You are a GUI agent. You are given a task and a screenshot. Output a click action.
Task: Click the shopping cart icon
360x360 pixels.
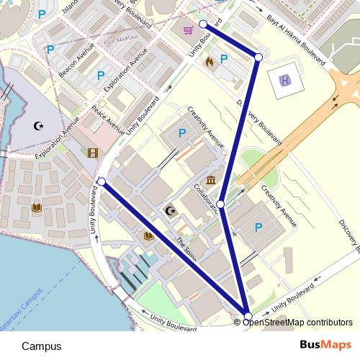pos(188,30)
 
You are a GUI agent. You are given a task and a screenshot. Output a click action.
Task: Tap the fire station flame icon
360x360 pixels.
pos(210,62)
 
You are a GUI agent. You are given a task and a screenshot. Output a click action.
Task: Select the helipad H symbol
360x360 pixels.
pos(284,80)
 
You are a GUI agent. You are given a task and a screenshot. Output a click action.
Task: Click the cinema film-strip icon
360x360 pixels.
pos(92,153)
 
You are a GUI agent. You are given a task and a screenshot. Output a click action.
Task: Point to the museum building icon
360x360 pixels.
pos(211,179)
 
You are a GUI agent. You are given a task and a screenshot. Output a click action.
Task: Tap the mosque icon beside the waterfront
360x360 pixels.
pos(39,127)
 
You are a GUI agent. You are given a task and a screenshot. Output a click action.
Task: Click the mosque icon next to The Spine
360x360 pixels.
pos(171,211)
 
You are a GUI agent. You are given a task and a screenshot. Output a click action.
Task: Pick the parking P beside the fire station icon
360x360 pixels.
pos(223,59)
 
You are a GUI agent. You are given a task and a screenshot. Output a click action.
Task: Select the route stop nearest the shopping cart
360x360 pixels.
pos(203,24)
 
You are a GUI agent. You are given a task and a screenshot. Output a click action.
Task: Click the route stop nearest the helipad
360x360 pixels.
pos(258,56)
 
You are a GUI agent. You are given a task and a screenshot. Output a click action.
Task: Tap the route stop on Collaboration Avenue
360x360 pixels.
pos(222,205)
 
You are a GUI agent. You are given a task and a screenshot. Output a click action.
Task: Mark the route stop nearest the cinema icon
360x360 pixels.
pos(102,181)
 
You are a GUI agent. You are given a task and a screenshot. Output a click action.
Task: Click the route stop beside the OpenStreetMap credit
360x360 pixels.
pos(248,316)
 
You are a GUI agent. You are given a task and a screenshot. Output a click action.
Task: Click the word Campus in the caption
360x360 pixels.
pos(41,346)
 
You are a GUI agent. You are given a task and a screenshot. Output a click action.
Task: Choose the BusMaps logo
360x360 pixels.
pos(326,346)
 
